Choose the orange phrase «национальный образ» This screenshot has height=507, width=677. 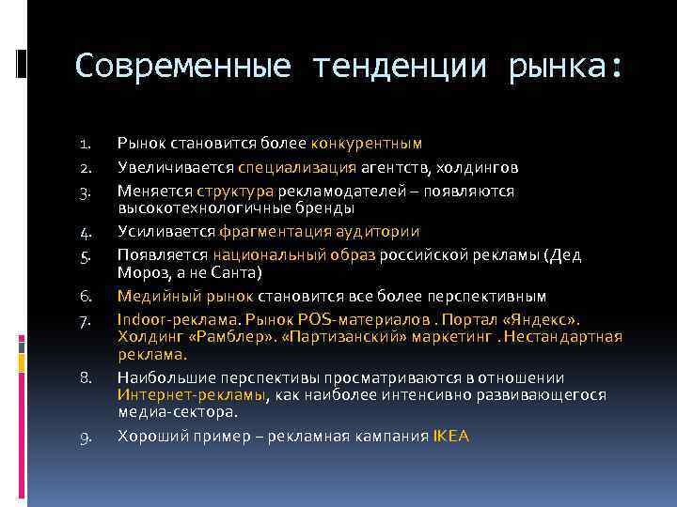point(294,254)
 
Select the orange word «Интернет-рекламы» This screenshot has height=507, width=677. point(192,395)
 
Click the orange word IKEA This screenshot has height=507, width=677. point(450,436)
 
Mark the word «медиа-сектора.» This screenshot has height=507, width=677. point(178,411)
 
